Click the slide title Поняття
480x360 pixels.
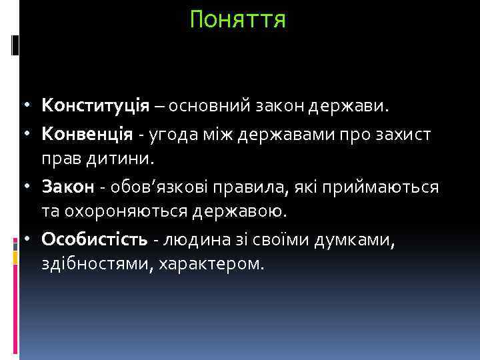tap(238, 19)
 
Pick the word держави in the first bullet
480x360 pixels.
tap(360, 106)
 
